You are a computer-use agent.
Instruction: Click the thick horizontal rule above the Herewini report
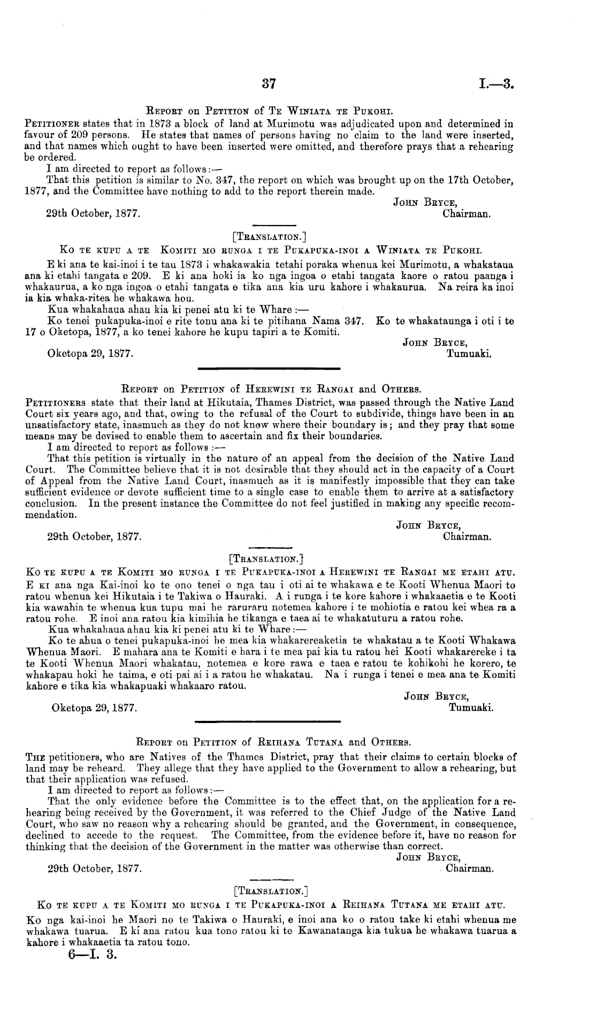(269, 368)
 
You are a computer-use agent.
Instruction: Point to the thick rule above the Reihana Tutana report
(269, 722)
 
